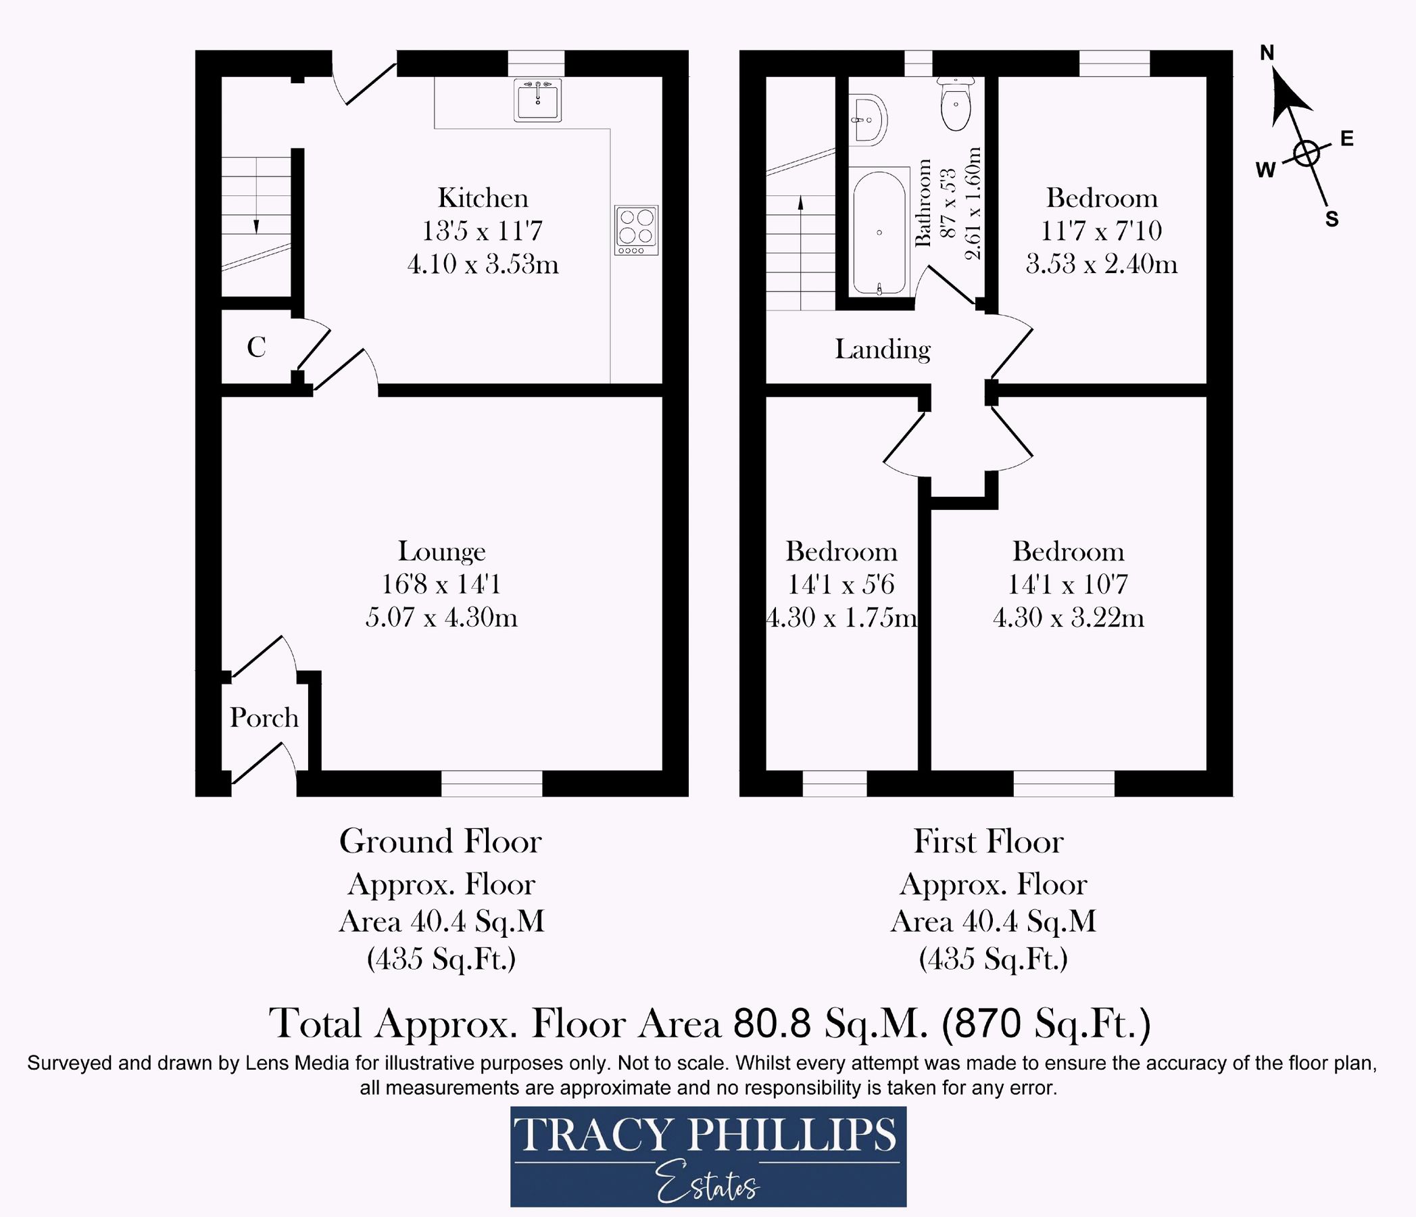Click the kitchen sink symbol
click(537, 101)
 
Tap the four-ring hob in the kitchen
click(635, 230)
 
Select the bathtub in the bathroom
click(879, 233)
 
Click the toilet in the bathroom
click(956, 104)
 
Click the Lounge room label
click(441, 551)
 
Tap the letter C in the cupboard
click(256, 348)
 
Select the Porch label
click(264, 718)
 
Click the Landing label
click(882, 350)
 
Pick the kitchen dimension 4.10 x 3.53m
click(483, 264)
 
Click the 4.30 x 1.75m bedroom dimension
click(841, 617)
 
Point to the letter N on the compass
click(1267, 53)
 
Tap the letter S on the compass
click(1332, 220)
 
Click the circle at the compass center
click(1306, 154)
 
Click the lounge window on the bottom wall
click(491, 783)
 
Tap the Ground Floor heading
click(440, 842)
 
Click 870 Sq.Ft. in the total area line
click(1046, 1024)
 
